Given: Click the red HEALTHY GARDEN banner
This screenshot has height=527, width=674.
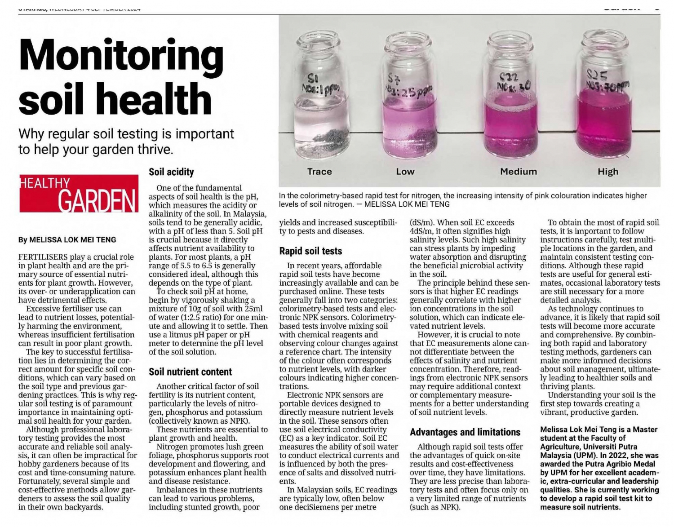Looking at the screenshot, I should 79,193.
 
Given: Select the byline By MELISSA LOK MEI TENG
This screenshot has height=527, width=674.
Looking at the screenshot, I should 67,240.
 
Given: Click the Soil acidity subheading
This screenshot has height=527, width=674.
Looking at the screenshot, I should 171,172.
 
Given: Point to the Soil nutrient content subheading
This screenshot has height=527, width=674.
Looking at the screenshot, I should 190,372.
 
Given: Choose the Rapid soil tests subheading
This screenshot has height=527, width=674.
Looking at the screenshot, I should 310,251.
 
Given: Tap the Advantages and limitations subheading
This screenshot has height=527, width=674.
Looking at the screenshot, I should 465,432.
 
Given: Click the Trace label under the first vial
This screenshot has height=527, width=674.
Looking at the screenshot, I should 319,172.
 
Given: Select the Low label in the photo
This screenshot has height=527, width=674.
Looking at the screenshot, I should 405,172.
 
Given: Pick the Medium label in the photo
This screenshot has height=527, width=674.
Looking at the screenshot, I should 518,172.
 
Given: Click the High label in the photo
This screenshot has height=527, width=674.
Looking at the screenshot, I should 607,172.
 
